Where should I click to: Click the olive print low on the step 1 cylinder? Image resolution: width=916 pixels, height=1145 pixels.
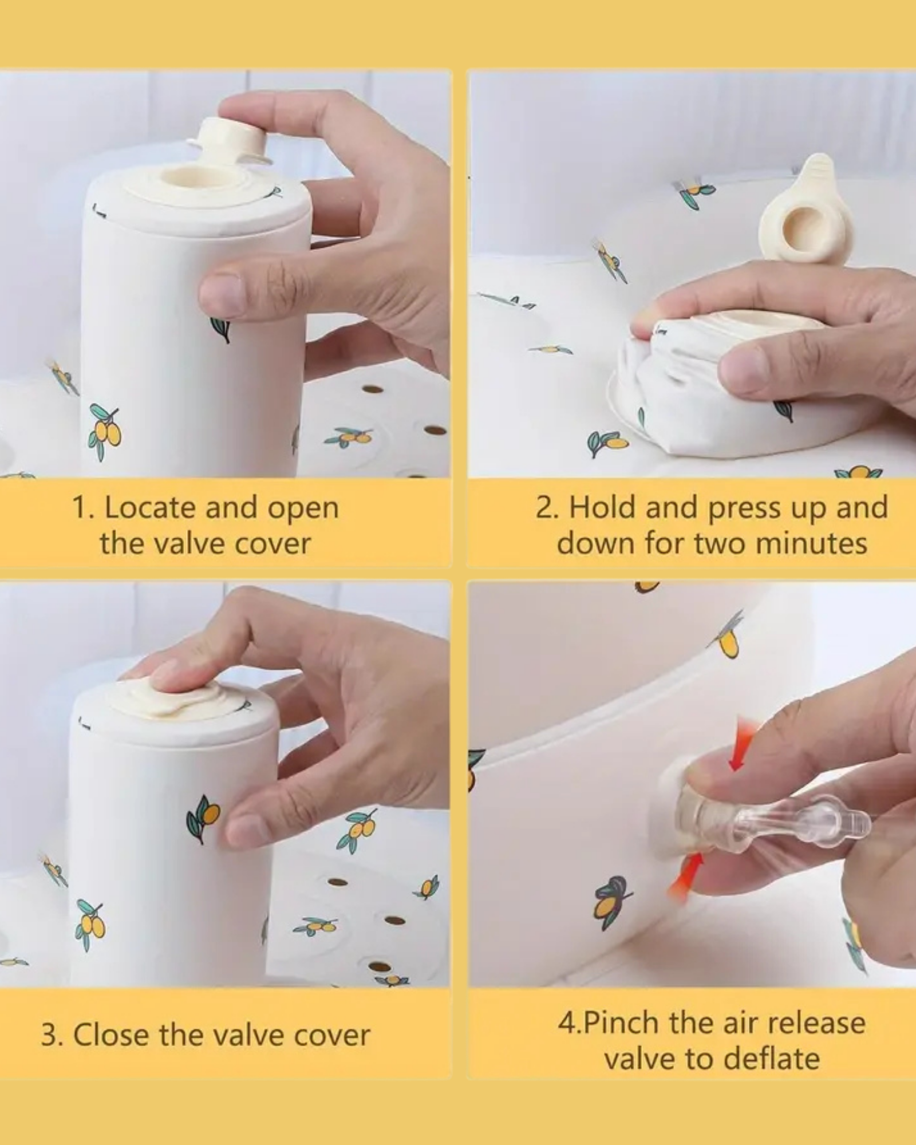(105, 431)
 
